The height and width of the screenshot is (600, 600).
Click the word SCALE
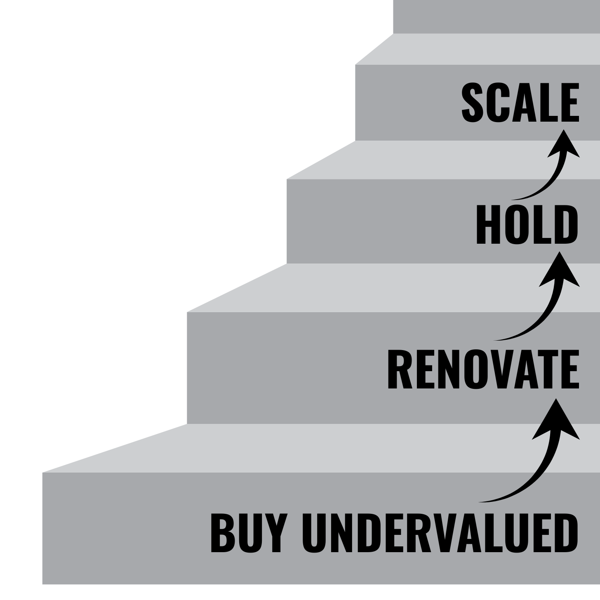coord(520,103)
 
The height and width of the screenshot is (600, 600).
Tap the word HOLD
coord(527,225)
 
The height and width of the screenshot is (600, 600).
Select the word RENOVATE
coord(482,369)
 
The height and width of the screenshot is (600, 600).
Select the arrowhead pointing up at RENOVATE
coord(556,419)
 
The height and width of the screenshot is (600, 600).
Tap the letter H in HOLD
coord(487,225)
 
